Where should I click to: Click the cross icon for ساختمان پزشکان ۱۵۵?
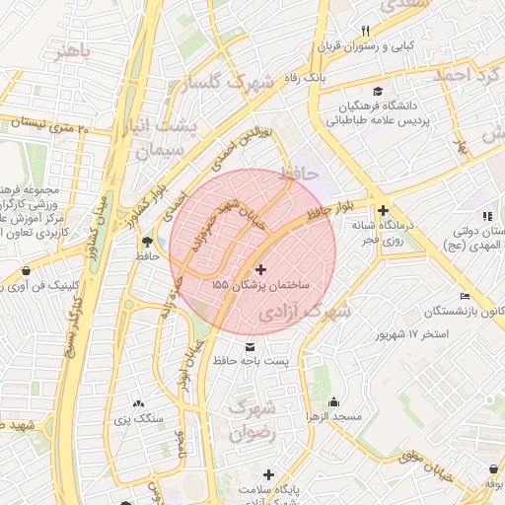pos(260,269)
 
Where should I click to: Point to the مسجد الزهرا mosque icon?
pos(334,401)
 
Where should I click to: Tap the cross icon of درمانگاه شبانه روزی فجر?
pos(383,209)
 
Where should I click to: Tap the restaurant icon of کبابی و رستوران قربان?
pos(365,31)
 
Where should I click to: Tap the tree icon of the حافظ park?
pos(148,240)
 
